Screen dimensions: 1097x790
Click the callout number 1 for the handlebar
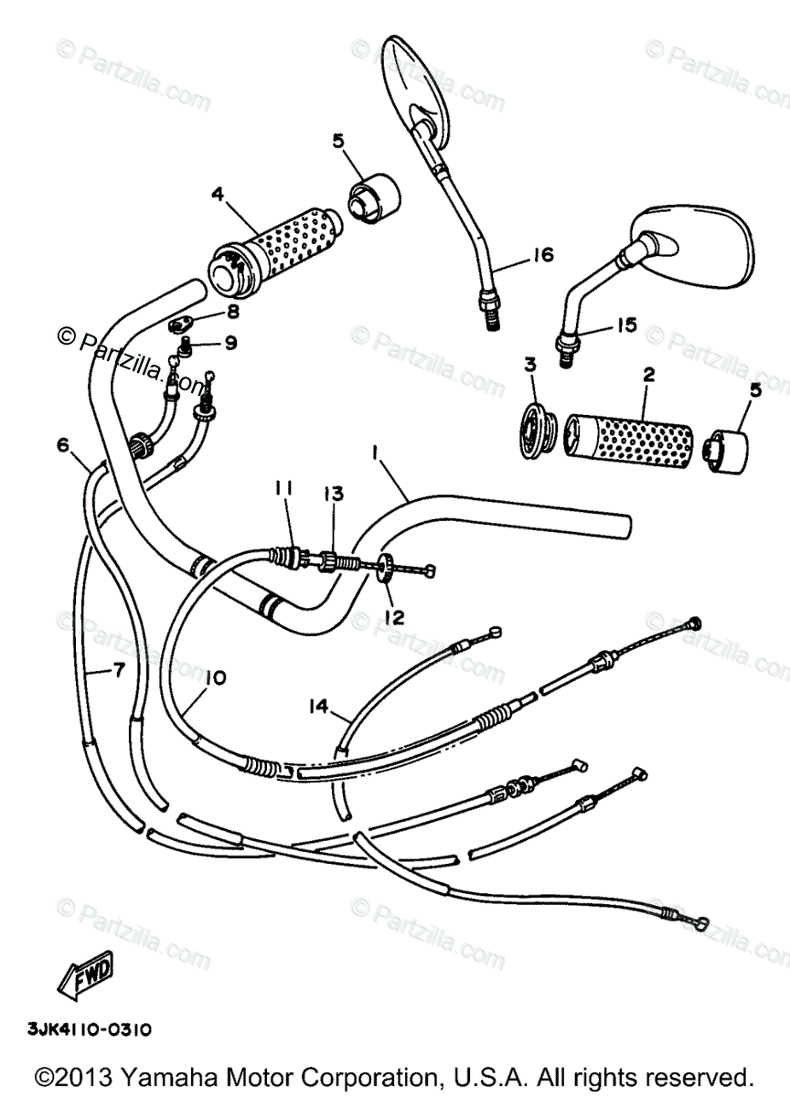point(375,451)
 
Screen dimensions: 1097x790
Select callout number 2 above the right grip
point(647,375)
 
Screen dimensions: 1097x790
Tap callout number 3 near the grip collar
point(528,367)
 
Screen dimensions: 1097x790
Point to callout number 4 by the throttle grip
point(217,194)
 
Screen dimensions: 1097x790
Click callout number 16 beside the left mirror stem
point(543,255)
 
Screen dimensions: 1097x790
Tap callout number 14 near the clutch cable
point(317,705)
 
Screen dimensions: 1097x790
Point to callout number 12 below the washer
point(393,617)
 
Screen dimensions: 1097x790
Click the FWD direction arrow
point(86,973)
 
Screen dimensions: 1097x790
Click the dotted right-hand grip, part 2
point(630,437)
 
